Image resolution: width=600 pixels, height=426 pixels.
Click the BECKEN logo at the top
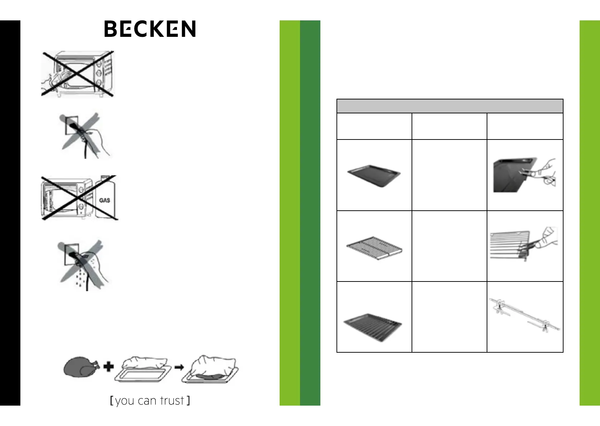pyautogui.click(x=150, y=29)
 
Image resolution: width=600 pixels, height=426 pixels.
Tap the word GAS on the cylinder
pyautogui.click(x=104, y=200)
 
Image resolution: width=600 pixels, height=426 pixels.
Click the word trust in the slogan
pyautogui.click(x=172, y=401)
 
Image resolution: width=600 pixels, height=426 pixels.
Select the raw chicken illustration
pyautogui.click(x=81, y=367)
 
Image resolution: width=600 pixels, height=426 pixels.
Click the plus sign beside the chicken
pyautogui.click(x=109, y=367)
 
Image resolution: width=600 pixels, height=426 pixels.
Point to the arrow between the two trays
pyautogui.click(x=179, y=367)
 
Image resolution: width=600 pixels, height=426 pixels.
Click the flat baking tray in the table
pyautogui.click(x=374, y=176)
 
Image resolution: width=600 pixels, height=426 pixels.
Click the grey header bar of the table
pyautogui.click(x=450, y=106)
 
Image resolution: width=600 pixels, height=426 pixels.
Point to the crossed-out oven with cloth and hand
pyautogui.click(x=78, y=74)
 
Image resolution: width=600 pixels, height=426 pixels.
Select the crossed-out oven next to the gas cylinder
pyautogui.click(x=66, y=198)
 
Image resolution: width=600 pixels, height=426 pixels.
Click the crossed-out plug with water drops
pyautogui.click(x=84, y=265)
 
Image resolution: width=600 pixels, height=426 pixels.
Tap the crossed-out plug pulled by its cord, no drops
pyautogui.click(x=84, y=136)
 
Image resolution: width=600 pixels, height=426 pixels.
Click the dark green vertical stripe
pyautogui.click(x=310, y=213)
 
